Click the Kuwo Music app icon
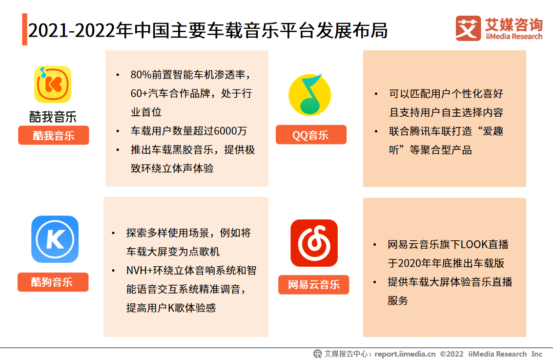tap(53, 85)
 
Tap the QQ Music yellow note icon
tap(310, 95)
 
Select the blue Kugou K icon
tap(55, 239)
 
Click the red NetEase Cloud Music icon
tap(314, 243)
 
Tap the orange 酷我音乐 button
tap(54, 135)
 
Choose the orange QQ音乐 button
tap(311, 134)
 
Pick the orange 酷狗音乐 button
tap(53, 282)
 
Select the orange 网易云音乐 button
tap(313, 284)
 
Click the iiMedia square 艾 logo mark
tap(468, 28)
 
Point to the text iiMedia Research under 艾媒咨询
tap(514, 36)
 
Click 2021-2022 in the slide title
tap(72, 30)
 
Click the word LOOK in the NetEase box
tap(474, 245)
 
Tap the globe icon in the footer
tap(317, 354)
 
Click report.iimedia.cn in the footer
tap(405, 354)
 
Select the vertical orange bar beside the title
tap(25, 29)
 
